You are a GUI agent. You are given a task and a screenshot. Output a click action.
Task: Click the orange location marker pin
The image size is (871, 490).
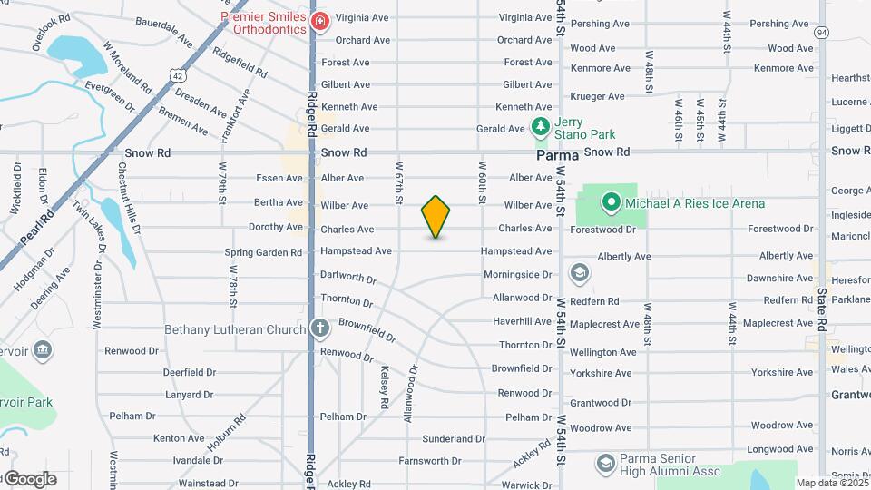[435, 217]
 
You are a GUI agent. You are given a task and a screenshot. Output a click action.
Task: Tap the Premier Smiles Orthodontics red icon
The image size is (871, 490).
[319, 21]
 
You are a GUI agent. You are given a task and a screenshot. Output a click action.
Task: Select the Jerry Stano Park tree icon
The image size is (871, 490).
[542, 125]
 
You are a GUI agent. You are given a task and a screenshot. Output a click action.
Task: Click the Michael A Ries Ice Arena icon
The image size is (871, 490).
[612, 203]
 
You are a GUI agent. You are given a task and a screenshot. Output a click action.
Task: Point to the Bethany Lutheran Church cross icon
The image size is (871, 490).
[319, 329]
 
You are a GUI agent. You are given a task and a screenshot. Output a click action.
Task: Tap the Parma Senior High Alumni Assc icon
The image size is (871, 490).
[605, 464]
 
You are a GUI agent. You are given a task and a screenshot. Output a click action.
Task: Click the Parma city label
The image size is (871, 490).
[557, 155]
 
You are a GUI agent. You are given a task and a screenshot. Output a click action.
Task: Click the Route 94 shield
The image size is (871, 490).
[822, 33]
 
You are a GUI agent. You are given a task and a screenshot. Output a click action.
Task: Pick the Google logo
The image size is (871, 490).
[29, 479]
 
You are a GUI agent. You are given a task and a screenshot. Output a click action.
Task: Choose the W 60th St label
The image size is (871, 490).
[483, 181]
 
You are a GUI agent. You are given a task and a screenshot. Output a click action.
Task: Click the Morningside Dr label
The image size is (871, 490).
[517, 274]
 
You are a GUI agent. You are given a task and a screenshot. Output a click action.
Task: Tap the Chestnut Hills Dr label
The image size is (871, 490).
[128, 200]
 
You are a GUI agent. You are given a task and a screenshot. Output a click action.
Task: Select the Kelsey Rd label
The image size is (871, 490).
[385, 386]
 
